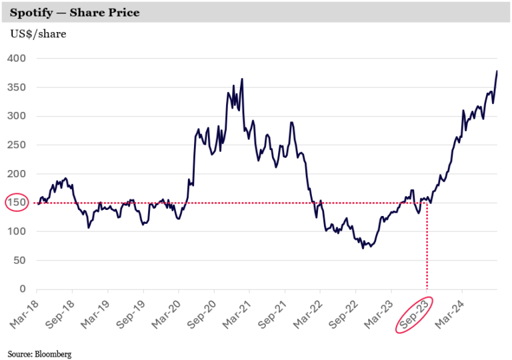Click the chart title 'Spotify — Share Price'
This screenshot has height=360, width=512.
point(75,13)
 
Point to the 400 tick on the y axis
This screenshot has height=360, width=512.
point(17,59)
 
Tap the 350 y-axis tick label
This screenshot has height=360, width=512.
point(17,87)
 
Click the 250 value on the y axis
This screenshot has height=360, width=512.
point(17,145)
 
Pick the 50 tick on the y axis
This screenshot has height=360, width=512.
point(20,261)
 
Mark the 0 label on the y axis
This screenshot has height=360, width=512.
point(23,289)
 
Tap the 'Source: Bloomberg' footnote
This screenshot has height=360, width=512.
point(39,354)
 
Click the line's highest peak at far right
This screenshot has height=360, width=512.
point(497,71)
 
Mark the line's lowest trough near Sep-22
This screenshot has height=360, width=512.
point(363,248)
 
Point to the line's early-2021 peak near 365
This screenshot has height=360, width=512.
point(241,79)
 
